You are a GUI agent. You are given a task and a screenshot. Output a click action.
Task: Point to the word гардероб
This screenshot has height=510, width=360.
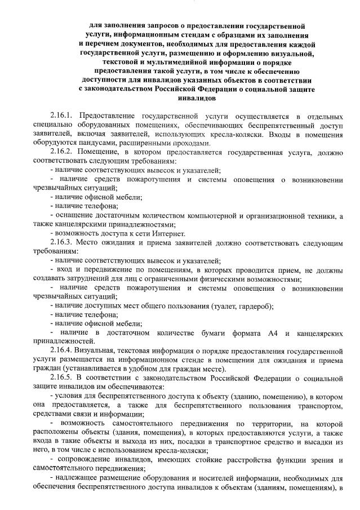point(255,306)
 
